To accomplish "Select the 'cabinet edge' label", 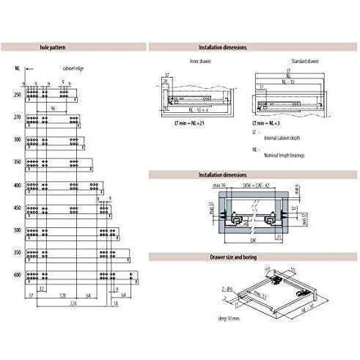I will coord(73,68).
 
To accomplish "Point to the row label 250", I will coord(16,95).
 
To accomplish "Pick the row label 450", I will coord(16,207).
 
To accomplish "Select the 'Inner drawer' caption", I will coord(199,62).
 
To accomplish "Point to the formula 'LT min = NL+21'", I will coord(191,123).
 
